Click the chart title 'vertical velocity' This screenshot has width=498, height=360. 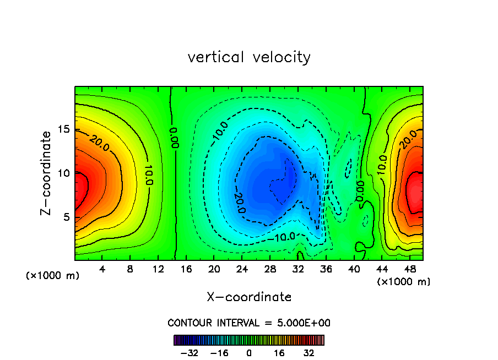pos(249,57)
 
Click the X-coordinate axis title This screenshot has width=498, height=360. pos(249,297)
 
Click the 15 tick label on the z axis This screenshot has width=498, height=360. pos(64,129)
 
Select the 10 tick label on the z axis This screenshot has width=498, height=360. pos(64,173)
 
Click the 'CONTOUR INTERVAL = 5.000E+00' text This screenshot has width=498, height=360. pos(249,323)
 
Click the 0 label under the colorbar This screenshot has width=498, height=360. pos(249,353)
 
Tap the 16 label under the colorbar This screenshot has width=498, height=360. pos(279,353)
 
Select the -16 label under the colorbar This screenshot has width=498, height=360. pos(219,353)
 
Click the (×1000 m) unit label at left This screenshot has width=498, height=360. pos(53,276)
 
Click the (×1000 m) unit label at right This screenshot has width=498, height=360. pos(404,282)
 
